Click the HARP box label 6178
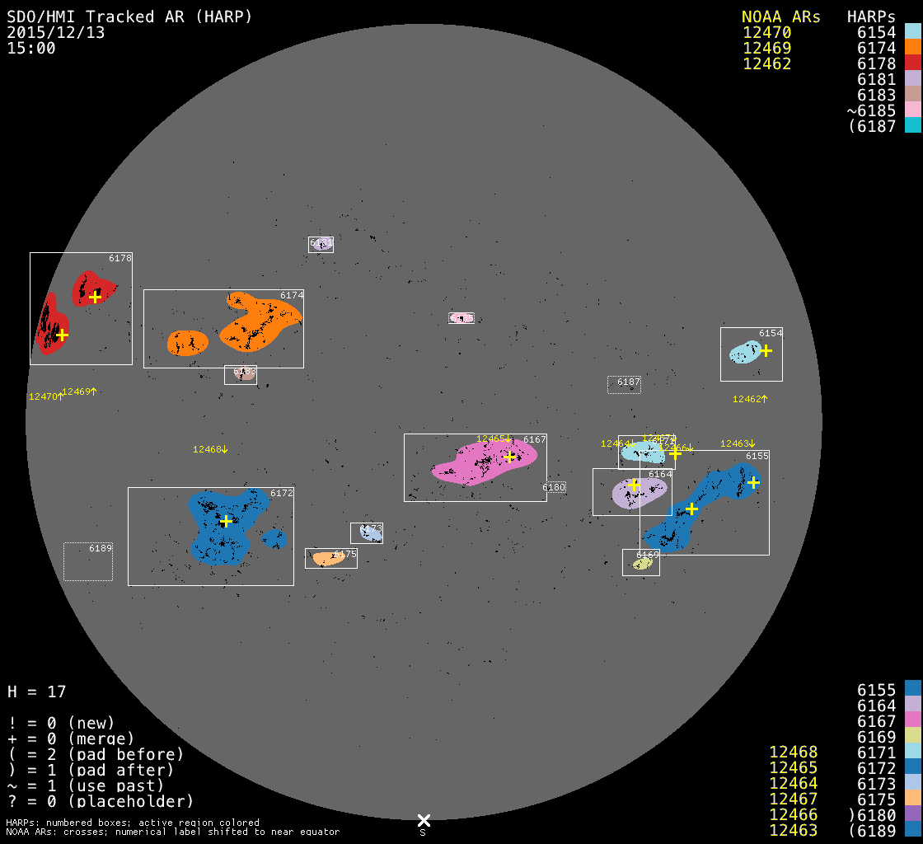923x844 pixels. (x=120, y=258)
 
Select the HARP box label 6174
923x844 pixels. (x=292, y=295)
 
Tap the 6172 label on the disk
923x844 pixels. (x=282, y=493)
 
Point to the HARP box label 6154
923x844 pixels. (x=771, y=333)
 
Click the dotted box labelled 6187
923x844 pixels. (x=624, y=384)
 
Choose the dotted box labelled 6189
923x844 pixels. (x=88, y=561)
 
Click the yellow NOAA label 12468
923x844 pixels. (x=209, y=449)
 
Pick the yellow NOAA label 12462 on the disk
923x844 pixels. (x=749, y=399)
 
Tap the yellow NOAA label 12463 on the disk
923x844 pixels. (x=737, y=443)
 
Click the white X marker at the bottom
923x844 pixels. (x=424, y=820)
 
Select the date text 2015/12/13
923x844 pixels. (x=56, y=32)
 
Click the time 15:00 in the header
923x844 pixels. (x=31, y=48)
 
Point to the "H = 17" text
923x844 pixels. (x=37, y=692)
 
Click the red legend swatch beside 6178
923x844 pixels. (x=912, y=63)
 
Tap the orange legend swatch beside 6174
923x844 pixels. (x=912, y=48)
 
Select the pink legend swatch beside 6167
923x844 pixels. (x=912, y=720)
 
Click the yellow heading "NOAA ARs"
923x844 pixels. (x=781, y=16)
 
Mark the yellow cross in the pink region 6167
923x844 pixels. (x=509, y=456)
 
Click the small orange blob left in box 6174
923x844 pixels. (x=187, y=342)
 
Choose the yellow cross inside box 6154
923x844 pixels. (x=766, y=350)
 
